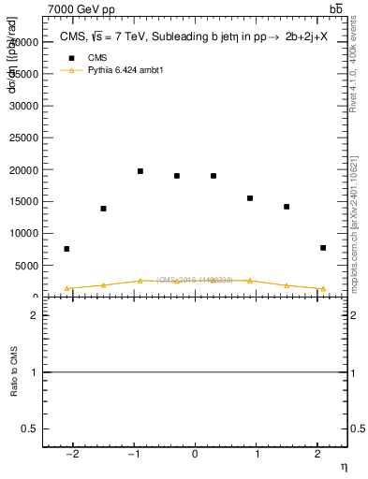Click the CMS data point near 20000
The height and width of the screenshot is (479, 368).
tap(140, 171)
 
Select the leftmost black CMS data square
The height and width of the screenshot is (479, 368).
tap(66, 249)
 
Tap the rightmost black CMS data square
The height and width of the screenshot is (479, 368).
tap(323, 248)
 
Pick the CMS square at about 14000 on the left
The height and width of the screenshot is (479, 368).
tap(103, 209)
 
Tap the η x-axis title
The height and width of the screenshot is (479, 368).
tap(344, 467)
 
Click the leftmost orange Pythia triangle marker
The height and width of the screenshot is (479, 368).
tap(66, 289)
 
